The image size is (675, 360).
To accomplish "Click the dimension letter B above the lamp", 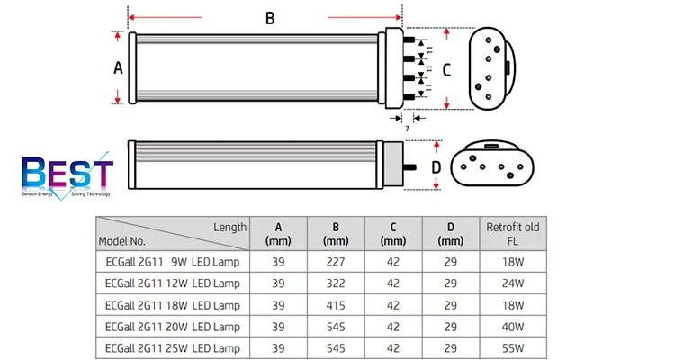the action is [x=270, y=19].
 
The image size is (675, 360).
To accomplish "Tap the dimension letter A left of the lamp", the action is [x=118, y=68].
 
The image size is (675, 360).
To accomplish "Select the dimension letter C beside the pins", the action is [x=446, y=70].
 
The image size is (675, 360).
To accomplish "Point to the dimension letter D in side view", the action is [x=436, y=167].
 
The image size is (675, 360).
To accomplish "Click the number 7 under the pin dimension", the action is [x=407, y=129].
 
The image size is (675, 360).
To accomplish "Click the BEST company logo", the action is [x=67, y=175].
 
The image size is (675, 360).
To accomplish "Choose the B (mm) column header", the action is [x=336, y=234].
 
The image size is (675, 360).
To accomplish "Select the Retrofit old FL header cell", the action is [x=513, y=234].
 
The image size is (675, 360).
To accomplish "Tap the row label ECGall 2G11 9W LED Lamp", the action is [x=172, y=262].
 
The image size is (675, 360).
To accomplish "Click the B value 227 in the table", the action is [x=336, y=262].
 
